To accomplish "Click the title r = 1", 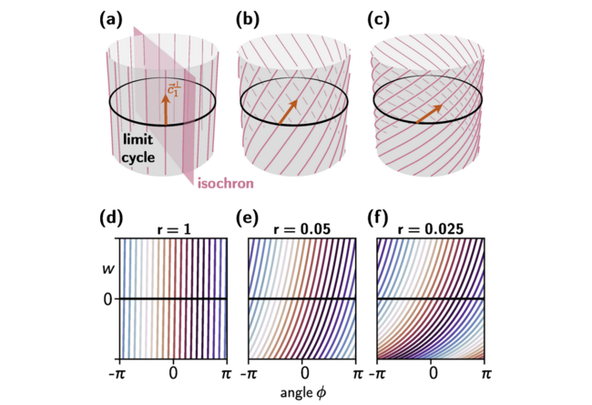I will click(174, 231).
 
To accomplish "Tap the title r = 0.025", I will click(434, 231).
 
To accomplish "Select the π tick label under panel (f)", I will click(484, 374).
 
